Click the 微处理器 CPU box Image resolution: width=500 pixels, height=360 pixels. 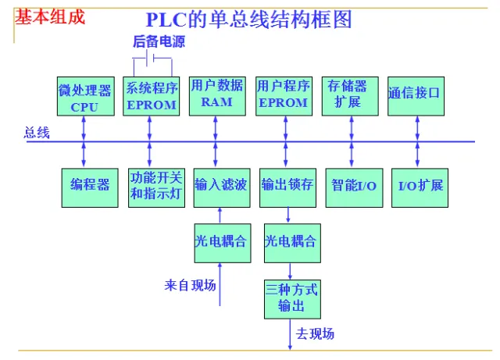84,96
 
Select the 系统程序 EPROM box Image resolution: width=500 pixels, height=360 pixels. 152,96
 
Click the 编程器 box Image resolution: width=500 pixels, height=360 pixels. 90,186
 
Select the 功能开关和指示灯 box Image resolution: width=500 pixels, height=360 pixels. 156,186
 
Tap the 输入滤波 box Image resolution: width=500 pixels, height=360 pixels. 221,186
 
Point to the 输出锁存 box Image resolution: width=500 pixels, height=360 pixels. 287,186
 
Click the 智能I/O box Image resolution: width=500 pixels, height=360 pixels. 354,186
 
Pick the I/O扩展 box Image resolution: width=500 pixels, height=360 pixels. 420,186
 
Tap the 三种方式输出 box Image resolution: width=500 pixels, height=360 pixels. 291,298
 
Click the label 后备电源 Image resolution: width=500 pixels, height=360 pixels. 159,42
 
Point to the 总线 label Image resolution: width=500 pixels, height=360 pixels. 37,133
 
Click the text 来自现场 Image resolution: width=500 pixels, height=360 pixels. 190,285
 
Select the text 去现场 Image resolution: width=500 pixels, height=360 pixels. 315,334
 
